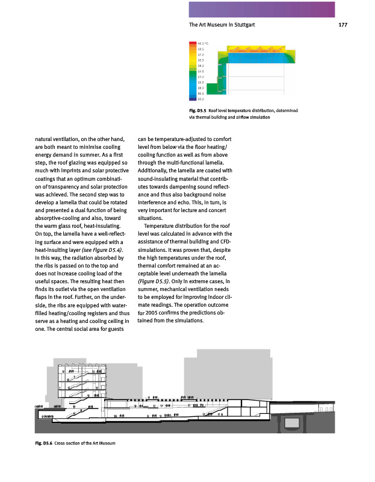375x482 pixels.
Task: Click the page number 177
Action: [343, 25]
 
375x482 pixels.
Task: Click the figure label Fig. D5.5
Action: [198, 111]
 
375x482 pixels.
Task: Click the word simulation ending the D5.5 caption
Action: [257, 117]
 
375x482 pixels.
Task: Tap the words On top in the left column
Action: [45, 234]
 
